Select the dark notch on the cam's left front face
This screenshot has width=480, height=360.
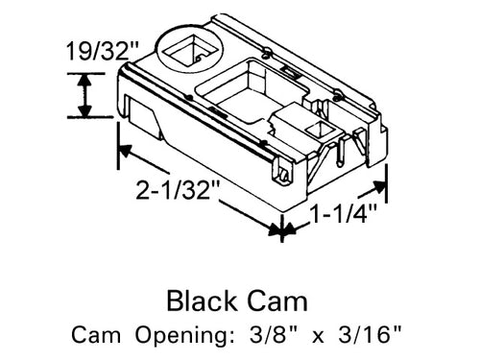click(x=142, y=121)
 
